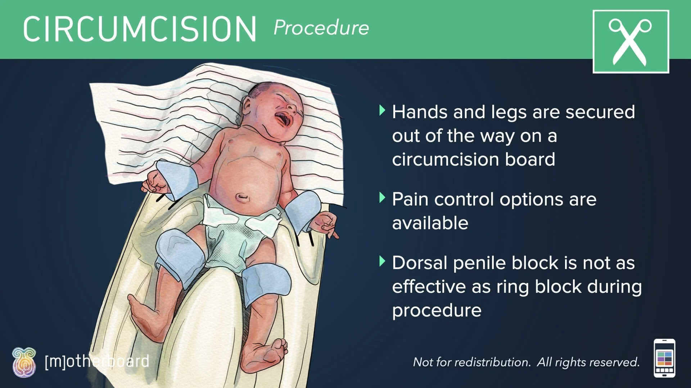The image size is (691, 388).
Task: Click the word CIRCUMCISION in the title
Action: click(140, 29)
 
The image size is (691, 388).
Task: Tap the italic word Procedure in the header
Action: click(321, 28)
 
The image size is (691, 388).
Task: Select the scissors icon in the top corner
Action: click(631, 42)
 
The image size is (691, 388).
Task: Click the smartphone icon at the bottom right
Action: click(664, 358)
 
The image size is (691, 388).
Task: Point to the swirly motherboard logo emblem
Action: click(24, 363)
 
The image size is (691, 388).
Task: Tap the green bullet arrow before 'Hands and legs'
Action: click(382, 110)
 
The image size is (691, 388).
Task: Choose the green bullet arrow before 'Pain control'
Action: click(382, 198)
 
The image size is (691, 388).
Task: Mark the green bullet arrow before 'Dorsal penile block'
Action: click(382, 261)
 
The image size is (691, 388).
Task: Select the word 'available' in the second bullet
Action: click(430, 223)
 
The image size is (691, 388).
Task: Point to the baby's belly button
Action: click(242, 197)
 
